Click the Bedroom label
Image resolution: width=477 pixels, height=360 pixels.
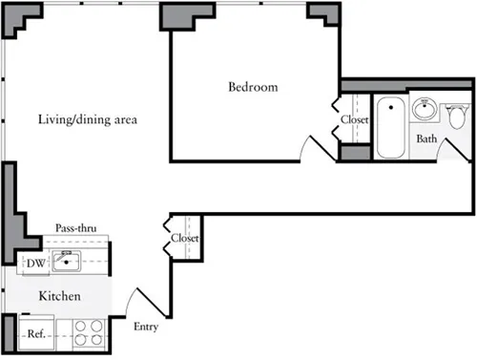click(x=253, y=88)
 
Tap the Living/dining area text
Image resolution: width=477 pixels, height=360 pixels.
click(x=89, y=120)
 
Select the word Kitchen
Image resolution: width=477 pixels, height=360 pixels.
click(x=58, y=297)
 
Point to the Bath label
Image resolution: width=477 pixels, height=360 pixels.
click(x=426, y=138)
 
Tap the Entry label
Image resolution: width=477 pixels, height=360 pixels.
click(x=145, y=327)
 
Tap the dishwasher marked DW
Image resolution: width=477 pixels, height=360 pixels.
click(x=33, y=263)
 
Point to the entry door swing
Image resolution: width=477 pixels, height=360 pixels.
click(x=143, y=301)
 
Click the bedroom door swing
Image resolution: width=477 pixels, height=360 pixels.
click(x=314, y=148)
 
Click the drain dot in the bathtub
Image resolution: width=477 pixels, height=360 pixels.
click(x=389, y=104)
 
